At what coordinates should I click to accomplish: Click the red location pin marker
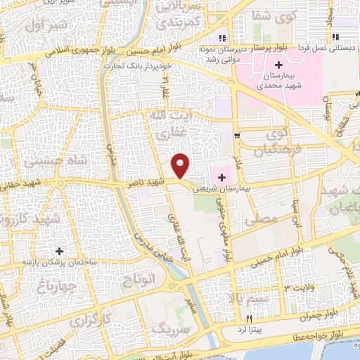[181, 165]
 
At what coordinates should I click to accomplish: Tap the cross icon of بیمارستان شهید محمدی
[278, 65]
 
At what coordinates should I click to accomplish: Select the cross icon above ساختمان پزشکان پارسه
[59, 250]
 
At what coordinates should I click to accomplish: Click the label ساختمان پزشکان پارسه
[59, 262]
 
